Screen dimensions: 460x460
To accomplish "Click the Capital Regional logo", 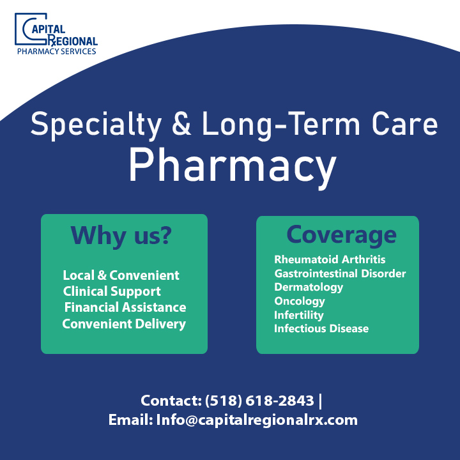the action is [x=56, y=34].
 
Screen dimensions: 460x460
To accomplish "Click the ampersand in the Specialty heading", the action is [x=181, y=123].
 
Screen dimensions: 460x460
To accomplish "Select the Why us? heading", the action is [x=121, y=236].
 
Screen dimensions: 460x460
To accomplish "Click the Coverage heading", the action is [x=341, y=235].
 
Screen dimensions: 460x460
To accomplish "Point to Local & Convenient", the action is [x=121, y=275].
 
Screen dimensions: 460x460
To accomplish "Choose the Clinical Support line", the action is [x=112, y=291].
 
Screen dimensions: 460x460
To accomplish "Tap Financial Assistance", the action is [x=125, y=307].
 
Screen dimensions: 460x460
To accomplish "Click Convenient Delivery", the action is [x=124, y=324].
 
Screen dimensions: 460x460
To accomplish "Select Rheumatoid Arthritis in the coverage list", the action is [x=330, y=259].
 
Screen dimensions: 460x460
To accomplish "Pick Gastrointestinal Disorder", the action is [x=340, y=273].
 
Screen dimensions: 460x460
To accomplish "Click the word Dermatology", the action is [x=309, y=287].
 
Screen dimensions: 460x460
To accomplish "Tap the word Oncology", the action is [x=300, y=302].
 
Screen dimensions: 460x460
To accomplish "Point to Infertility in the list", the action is [x=299, y=315].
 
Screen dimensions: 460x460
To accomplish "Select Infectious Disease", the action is [x=321, y=328].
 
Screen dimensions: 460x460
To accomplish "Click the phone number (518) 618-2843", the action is [x=259, y=401].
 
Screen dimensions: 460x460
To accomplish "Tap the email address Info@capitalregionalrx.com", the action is [x=257, y=420].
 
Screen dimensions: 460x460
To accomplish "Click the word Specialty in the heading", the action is [x=96, y=125].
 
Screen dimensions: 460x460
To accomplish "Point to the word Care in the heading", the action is [x=404, y=123].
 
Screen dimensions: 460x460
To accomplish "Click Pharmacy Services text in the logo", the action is [x=57, y=51].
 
